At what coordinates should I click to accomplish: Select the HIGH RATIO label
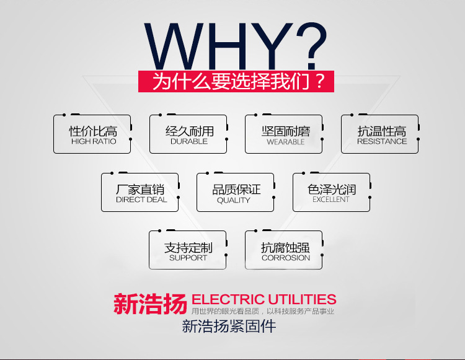click(93, 142)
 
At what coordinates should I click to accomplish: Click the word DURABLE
click(189, 142)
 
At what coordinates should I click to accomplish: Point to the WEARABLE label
click(285, 142)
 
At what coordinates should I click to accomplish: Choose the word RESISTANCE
click(381, 142)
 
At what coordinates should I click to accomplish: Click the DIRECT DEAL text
click(141, 200)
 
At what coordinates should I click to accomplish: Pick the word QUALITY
click(234, 200)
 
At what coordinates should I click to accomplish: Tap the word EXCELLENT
click(330, 200)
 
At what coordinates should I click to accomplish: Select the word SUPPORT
click(188, 258)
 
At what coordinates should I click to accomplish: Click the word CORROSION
click(285, 258)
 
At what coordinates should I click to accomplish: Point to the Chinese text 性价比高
click(93, 131)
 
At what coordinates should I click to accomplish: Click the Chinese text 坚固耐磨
click(285, 131)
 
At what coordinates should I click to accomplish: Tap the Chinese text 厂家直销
click(141, 189)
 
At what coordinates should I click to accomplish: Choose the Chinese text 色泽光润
click(331, 189)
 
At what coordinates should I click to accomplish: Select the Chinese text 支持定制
click(188, 247)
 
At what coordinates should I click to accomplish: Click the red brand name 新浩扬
click(149, 304)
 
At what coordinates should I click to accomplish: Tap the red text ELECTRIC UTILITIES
click(264, 300)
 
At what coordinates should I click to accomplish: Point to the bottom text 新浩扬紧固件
click(229, 326)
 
